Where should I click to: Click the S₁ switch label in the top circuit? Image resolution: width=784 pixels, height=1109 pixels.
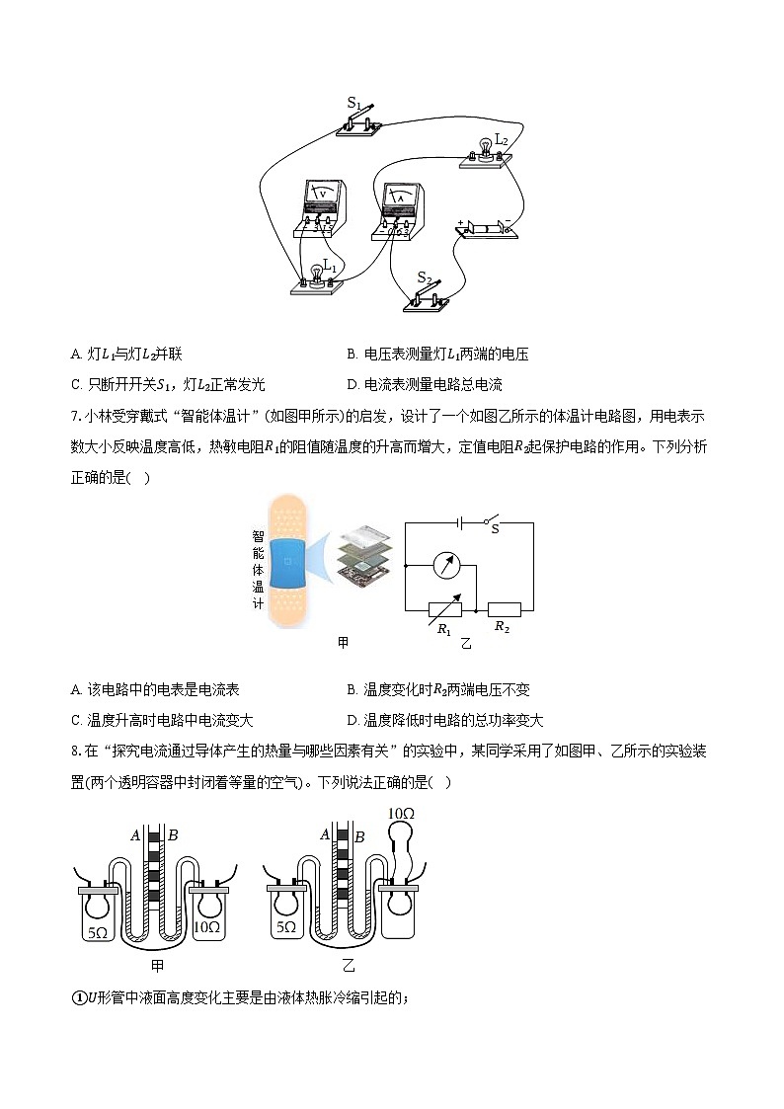coord(354,102)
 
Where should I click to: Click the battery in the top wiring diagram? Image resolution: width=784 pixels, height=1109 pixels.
coord(484,229)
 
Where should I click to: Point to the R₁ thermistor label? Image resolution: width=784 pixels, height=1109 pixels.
coord(444,629)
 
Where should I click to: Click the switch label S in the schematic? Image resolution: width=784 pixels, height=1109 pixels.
coord(495,529)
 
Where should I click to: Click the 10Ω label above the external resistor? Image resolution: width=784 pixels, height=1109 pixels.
coord(401,814)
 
